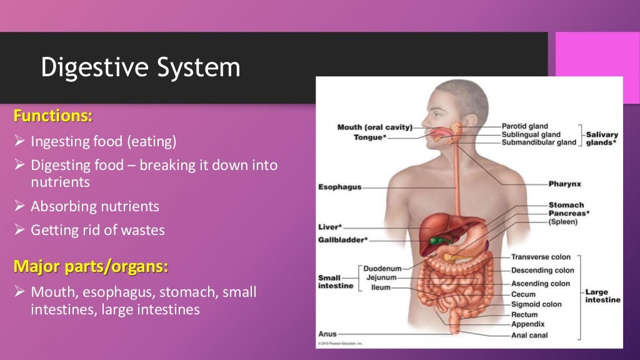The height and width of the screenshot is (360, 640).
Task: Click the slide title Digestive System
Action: click(141, 67)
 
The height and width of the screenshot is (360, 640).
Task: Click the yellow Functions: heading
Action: click(53, 116)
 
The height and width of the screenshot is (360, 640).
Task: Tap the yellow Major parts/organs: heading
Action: click(91, 267)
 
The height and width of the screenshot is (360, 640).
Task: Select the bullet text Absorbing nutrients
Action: click(95, 206)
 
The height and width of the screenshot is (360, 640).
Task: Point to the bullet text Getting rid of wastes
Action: click(97, 230)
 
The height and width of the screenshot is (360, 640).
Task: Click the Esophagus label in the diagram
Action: click(339, 187)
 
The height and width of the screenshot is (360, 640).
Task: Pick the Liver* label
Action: click(329, 228)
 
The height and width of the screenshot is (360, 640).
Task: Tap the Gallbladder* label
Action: click(342, 239)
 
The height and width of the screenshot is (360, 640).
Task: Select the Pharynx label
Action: click(564, 184)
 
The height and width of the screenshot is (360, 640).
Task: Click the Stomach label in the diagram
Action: click(566, 205)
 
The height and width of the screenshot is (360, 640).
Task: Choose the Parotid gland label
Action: click(524, 126)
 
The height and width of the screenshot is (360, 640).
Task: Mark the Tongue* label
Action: click(369, 137)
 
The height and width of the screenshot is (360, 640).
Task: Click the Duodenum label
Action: click(382, 269)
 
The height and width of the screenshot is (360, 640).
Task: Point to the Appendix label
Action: click(527, 324)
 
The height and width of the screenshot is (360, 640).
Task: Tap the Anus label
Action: click(327, 334)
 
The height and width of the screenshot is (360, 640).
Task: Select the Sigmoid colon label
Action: click(536, 304)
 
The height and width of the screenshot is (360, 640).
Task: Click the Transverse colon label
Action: click(541, 257)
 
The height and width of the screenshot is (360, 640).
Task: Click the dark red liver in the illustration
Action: click(437, 228)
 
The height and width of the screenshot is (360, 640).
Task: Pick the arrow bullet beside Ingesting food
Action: click(19, 142)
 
